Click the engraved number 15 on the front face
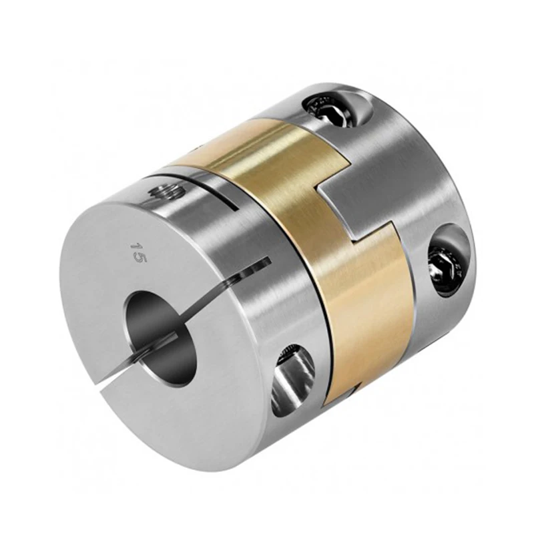138,254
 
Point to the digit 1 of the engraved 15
138,246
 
